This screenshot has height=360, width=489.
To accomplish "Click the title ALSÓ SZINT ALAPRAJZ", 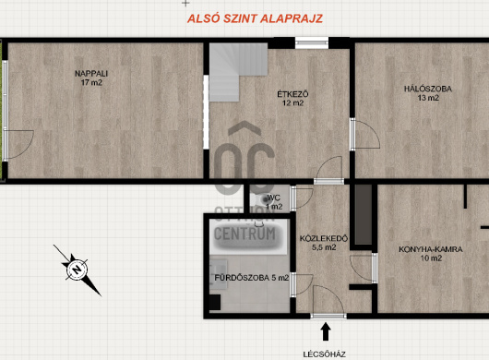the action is point(255,18).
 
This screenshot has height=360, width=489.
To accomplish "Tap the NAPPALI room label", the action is point(91,74).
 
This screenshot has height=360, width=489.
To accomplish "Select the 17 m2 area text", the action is point(91,83).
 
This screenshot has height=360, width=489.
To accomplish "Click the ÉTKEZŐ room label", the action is point(292,94).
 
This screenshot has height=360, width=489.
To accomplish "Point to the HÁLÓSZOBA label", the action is point(428,89).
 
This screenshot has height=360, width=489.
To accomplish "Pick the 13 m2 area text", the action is point(428,98).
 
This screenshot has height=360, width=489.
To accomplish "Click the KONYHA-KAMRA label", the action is point(431,249).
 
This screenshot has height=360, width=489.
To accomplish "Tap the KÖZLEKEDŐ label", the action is point(324,239).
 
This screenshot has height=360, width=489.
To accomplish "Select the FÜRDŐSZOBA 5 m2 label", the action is point(252,278).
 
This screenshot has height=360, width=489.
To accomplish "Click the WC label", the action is point(274,198).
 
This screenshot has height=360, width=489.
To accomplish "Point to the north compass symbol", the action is point(78,270).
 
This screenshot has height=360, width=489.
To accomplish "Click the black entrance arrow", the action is point(326,331).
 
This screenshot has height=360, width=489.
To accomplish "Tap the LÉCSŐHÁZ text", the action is point(325,354).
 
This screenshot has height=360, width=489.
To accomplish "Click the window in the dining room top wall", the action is point(312,43).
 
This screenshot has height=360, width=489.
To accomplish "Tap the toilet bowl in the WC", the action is point(262,199).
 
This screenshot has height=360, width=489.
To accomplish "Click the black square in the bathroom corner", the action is point(215,302).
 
